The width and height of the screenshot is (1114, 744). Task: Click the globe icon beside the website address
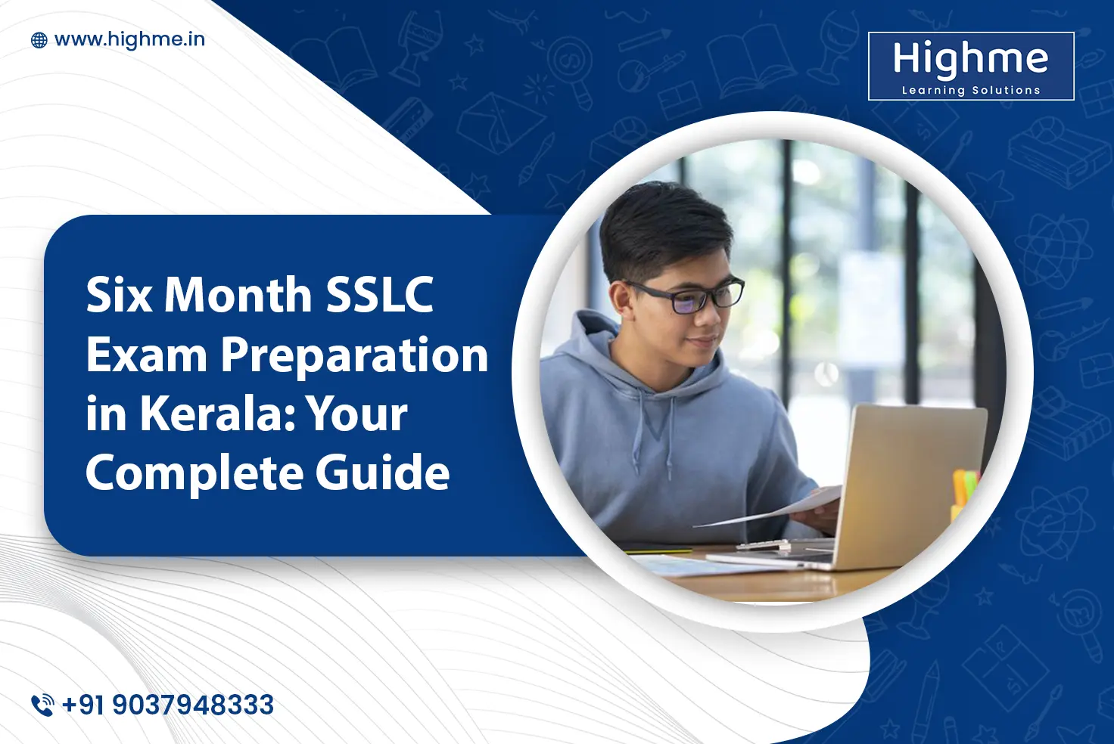(39, 40)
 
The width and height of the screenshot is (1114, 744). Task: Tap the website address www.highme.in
(129, 39)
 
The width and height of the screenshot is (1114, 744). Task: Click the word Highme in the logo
(970, 59)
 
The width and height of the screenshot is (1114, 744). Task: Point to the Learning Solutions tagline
(971, 90)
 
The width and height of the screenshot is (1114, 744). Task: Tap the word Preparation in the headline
(354, 355)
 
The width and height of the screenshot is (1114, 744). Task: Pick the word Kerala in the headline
(215, 414)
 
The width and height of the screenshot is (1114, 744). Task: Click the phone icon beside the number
(42, 705)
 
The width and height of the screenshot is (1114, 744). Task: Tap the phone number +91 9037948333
(168, 705)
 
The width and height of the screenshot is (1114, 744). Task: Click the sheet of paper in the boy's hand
(779, 509)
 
